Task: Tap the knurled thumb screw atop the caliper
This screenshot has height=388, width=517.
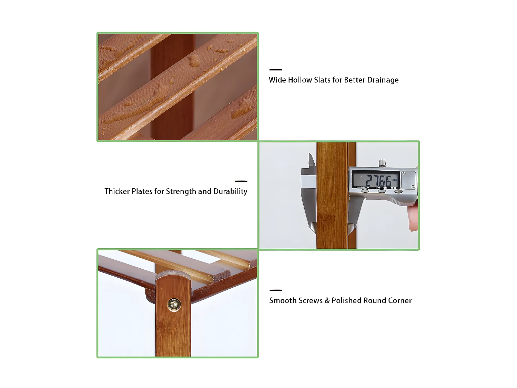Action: (382, 163)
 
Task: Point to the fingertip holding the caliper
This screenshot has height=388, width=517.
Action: (413, 218)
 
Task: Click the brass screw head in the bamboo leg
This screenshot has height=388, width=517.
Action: (174, 305)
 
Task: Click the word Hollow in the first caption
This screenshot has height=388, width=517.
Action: (300, 80)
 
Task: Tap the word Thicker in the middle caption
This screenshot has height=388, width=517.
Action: (117, 191)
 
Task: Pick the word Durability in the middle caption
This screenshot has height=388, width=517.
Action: (230, 191)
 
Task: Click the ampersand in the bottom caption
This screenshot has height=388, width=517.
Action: (327, 301)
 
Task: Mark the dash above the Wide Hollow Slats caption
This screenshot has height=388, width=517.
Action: (276, 70)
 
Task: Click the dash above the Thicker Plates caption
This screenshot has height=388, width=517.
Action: (241, 181)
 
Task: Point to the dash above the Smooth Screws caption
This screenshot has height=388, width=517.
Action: (276, 290)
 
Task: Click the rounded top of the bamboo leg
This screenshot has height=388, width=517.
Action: (173, 276)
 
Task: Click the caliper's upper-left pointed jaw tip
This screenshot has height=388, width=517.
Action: (310, 156)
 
